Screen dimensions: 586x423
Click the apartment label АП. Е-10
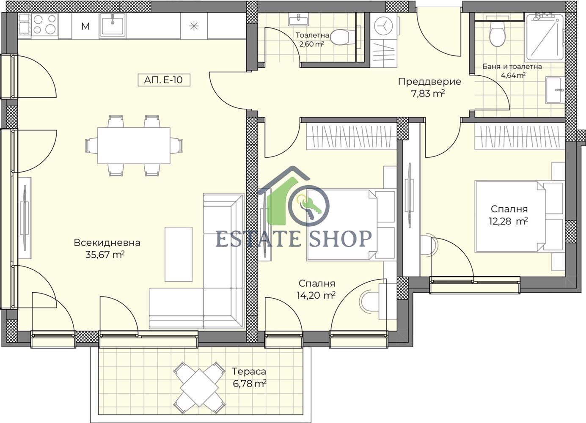(164, 80)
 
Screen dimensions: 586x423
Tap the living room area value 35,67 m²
(105, 255)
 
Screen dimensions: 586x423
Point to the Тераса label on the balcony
(249, 371)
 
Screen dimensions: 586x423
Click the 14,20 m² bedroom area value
(316, 296)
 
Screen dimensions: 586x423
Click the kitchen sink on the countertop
(113, 25)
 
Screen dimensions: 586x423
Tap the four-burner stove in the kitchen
(44, 24)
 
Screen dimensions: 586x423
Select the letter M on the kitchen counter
(85, 26)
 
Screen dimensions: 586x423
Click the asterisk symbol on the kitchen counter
(194, 26)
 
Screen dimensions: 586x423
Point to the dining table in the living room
(134, 146)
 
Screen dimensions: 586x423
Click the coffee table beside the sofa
(179, 254)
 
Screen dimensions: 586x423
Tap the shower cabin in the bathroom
(545, 38)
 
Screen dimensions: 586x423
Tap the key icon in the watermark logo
(309, 208)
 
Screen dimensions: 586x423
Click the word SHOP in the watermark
(340, 239)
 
